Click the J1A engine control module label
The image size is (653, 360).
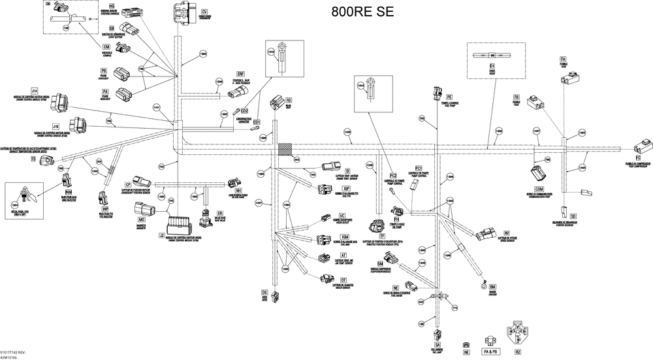35,90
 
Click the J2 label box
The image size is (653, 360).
161,235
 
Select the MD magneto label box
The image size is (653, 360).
141,220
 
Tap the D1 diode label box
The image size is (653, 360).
492,67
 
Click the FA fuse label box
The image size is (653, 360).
563,59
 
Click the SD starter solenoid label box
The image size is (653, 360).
573,216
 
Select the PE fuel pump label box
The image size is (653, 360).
449,97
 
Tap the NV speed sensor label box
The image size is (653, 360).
507,233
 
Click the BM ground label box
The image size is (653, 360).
492,287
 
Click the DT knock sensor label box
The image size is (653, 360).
343,280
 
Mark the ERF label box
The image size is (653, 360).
240,74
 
